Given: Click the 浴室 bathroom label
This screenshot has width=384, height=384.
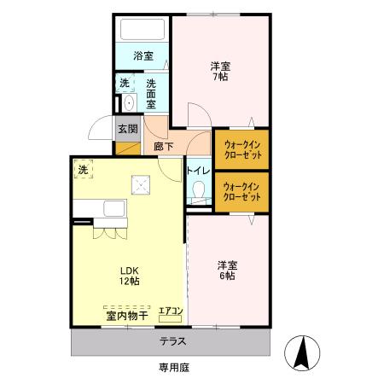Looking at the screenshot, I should click(143, 56).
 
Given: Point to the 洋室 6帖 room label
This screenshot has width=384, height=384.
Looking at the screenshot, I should click(225, 271).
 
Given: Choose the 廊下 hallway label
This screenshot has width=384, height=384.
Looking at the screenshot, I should click(163, 147).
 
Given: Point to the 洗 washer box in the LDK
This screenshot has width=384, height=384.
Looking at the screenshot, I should click(84, 170).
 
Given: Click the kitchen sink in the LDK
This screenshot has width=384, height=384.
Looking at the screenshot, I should click(113, 208).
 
